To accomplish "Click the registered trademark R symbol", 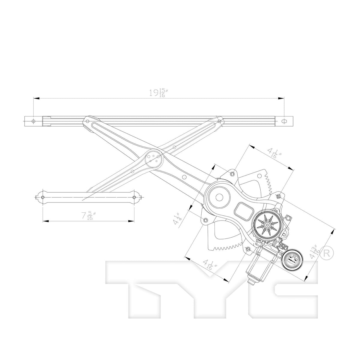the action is click(327, 253).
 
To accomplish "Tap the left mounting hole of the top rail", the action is click(34, 121).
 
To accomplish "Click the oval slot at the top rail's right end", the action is click(284, 121).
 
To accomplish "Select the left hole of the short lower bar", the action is click(43, 197).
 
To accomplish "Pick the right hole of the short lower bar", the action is click(134, 197).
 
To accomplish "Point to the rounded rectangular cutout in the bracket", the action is click(244, 212).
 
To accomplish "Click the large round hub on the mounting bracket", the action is click(219, 197).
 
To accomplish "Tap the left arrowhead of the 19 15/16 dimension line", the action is click(36, 98).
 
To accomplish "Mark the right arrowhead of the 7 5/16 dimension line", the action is click(131, 221).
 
